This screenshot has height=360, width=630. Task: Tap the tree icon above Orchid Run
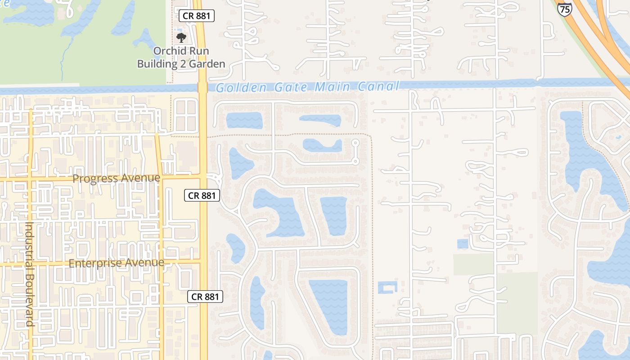pyautogui.click(x=181, y=38)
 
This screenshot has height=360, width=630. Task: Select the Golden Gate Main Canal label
pyautogui.click(x=307, y=86)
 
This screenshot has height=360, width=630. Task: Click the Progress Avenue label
pyautogui.click(x=116, y=178)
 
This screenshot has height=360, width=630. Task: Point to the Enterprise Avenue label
pyautogui.click(x=116, y=263)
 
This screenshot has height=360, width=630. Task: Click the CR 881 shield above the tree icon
pyautogui.click(x=197, y=16)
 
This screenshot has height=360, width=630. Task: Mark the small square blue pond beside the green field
pyautogui.click(x=462, y=244)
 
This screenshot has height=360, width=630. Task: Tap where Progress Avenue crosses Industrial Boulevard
pyautogui.click(x=30, y=179)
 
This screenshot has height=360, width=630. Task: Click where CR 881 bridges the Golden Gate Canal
pyautogui.click(x=202, y=87)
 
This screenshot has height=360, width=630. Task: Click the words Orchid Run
pyautogui.click(x=181, y=51)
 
